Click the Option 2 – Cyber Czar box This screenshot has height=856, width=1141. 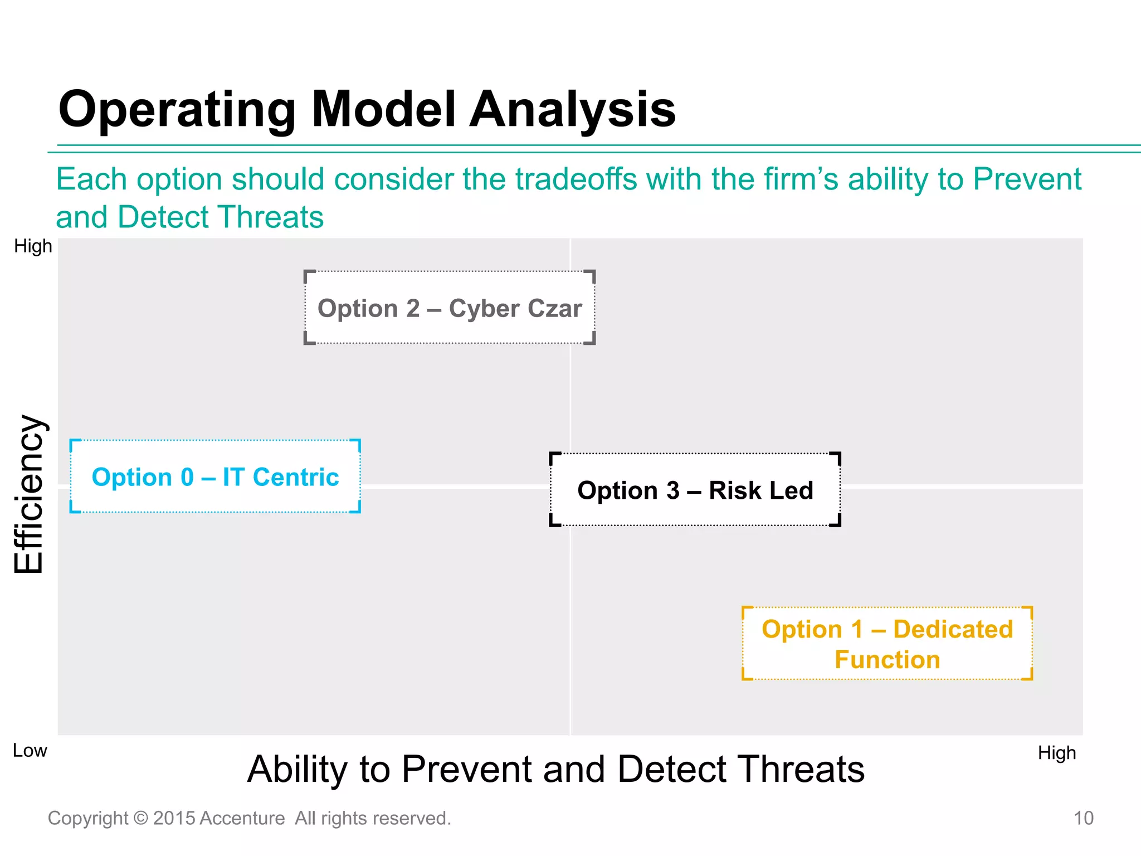click(449, 308)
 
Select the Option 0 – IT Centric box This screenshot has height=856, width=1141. click(215, 476)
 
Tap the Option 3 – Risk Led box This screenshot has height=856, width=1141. click(695, 490)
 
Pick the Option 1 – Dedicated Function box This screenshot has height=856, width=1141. click(887, 644)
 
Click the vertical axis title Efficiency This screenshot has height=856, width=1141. click(29, 494)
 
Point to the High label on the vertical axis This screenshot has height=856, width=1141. click(33, 246)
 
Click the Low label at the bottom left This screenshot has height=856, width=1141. click(30, 751)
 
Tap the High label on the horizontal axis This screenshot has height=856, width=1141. click(1056, 753)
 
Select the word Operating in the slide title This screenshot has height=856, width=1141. click(177, 110)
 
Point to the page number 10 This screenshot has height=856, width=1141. click(1083, 818)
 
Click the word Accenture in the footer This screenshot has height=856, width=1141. click(242, 818)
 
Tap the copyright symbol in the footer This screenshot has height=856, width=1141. click(141, 818)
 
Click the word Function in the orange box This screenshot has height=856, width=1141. click(887, 659)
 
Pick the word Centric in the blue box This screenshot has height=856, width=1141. click(295, 477)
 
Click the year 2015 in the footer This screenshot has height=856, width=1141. click(174, 818)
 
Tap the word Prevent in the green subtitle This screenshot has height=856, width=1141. click(1027, 179)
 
